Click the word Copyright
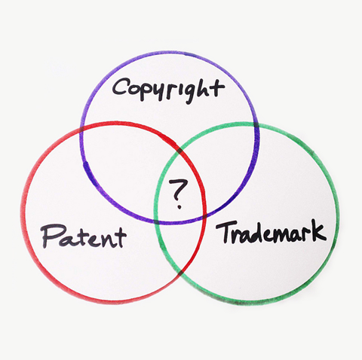[x=168, y=90]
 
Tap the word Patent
[x=83, y=236]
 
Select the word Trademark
[x=271, y=232]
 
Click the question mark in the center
[x=178, y=194]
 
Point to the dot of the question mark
[x=179, y=207]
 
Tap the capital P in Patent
[x=51, y=236]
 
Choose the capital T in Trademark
[x=226, y=232]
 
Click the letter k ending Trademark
[x=318, y=230]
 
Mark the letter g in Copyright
[x=188, y=93]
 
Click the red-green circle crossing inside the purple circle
[x=179, y=151]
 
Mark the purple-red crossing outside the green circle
[x=82, y=130]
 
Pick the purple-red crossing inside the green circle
[x=204, y=216]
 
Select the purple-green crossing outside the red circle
[x=256, y=125]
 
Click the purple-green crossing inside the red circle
[x=156, y=222]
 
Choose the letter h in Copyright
[x=204, y=89]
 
